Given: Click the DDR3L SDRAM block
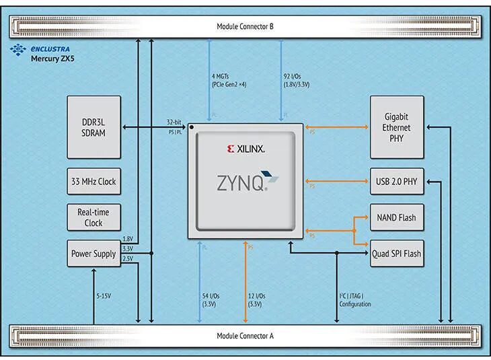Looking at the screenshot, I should coord(94,127).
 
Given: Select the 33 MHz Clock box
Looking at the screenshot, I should coord(94,182).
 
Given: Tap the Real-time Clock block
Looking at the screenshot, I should coord(94,218).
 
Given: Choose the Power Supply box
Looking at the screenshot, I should coord(94,254).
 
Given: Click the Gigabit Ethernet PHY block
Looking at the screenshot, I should coord(397,127).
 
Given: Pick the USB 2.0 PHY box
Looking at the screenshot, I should coord(397,182).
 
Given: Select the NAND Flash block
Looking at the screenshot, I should coord(397,217).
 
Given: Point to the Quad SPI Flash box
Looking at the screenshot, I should coord(397,254).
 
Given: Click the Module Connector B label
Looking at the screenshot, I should coord(245,26).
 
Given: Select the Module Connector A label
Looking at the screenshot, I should coord(245,336).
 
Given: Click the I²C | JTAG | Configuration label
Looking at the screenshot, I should coord(354,300).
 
